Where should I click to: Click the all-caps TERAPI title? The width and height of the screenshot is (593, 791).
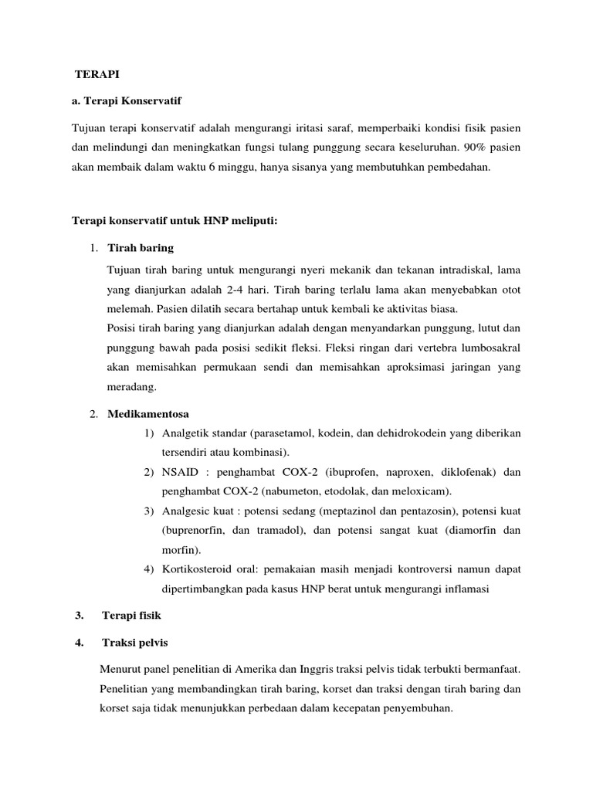[97, 75]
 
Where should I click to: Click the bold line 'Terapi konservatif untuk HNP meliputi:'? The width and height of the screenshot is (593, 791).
[174, 221]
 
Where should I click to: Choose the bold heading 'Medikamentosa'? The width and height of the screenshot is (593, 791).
[148, 413]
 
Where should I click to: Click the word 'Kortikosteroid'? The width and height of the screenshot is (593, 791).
[195, 569]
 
